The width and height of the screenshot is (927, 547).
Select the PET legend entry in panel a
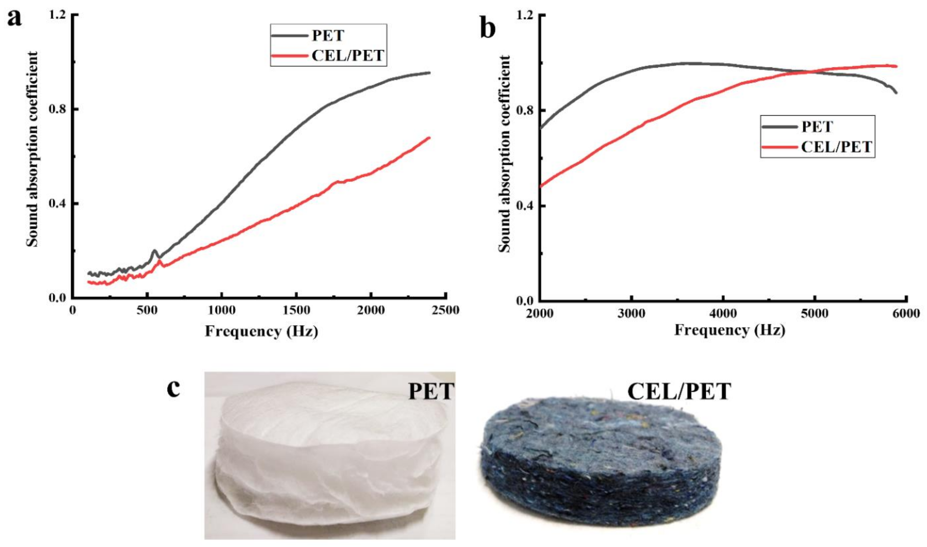(328, 35)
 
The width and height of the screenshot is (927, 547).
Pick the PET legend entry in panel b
(817, 127)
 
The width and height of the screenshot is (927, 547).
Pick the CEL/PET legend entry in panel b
(836, 147)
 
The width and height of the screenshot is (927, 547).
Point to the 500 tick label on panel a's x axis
(147, 311)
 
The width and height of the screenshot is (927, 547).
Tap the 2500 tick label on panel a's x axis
(445, 311)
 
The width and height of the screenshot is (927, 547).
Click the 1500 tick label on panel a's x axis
(296, 311)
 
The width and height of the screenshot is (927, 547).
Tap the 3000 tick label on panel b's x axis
(631, 314)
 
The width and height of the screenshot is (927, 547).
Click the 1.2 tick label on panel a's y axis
(57, 15)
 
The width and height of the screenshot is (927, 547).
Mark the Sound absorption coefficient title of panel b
(505, 154)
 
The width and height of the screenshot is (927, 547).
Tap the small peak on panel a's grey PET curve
(154, 252)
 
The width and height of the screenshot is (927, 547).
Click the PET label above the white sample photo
(431, 392)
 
